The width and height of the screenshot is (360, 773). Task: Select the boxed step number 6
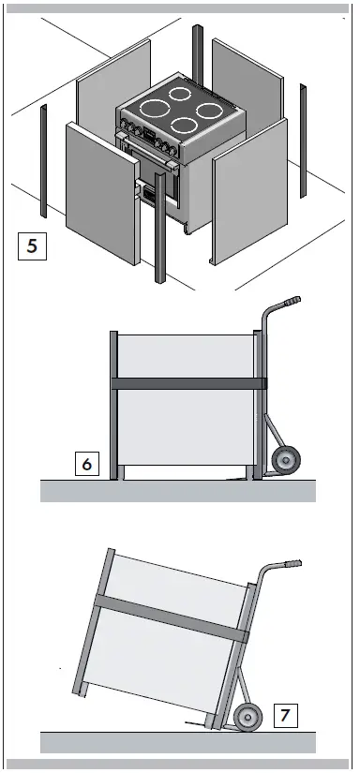pyautogui.click(x=86, y=463)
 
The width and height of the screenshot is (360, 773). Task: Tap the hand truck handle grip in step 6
pyautogui.click(x=291, y=301)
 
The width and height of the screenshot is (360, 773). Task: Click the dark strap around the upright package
pyautogui.click(x=187, y=383)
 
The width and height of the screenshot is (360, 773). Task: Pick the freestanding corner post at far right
pyautogui.click(x=303, y=141)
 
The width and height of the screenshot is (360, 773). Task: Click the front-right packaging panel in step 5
pyautogui.click(x=245, y=206)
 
